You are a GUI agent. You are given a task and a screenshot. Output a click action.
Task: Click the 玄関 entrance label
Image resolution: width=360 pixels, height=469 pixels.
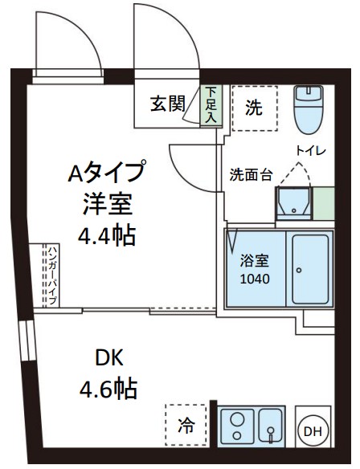pyautogui.click(x=168, y=104)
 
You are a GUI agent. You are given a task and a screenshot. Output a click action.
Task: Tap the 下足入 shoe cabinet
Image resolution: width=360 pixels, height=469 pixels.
pyautogui.click(x=211, y=105)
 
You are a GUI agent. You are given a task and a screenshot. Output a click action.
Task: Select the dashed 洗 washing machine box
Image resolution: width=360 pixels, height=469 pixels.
pyautogui.click(x=253, y=108)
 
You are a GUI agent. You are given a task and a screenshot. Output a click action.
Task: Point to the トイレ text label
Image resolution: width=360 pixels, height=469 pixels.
pyautogui.click(x=309, y=150)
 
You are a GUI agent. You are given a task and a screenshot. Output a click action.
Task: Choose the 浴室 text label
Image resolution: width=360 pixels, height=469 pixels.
pyautogui.click(x=253, y=260)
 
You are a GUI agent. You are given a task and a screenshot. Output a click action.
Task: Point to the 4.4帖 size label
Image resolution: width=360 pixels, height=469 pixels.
pyautogui.click(x=106, y=235)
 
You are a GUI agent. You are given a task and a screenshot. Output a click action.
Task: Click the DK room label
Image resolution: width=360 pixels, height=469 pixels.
pyautogui.click(x=108, y=357)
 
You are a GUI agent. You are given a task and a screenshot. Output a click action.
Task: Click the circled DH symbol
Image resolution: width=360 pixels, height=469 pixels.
pyautogui.click(x=312, y=431)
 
